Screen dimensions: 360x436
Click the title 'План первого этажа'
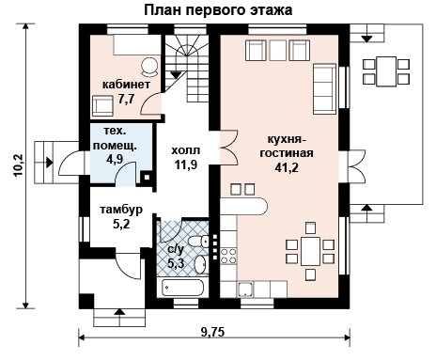coord(218,10)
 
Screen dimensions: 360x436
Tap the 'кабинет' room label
coord(124,83)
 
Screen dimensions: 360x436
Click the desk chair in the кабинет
coord(148,67)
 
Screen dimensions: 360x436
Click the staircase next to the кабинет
coord(187,66)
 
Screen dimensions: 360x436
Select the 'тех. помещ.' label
coord(116,140)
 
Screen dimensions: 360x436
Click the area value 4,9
coord(115,160)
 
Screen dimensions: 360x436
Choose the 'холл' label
coord(184,149)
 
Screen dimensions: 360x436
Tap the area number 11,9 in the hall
coord(184,164)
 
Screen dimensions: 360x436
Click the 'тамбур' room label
coord(120,210)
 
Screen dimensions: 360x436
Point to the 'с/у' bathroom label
coord(174,249)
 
